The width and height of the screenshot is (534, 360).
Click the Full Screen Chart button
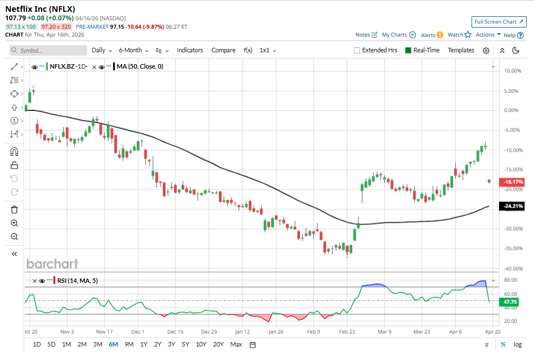pyautogui.click(x=499, y=22)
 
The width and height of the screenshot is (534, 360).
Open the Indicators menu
pyautogui.click(x=190, y=50)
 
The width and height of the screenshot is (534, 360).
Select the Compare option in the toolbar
pyautogui.click(x=223, y=50)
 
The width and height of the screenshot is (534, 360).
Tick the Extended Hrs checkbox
pyautogui.click(x=357, y=50)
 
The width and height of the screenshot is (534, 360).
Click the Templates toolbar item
pyautogui.click(x=461, y=50)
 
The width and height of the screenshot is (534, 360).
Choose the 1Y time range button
pyautogui.click(x=143, y=344)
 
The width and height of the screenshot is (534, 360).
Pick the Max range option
pyautogui.click(x=236, y=344)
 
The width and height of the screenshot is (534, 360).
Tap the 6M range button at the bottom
pyautogui.click(x=113, y=344)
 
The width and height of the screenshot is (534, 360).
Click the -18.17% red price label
pyautogui.click(x=513, y=182)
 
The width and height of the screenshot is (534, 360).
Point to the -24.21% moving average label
pyautogui.click(x=513, y=206)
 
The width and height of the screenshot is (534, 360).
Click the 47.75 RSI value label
pyautogui.click(x=510, y=302)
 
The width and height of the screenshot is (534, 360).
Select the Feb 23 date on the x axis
pyautogui.click(x=347, y=332)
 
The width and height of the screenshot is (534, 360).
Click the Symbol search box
pyautogui.click(x=48, y=51)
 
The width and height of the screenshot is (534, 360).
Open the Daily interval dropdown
pyautogui.click(x=101, y=50)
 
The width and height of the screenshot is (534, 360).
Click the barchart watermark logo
pyautogui.click(x=52, y=264)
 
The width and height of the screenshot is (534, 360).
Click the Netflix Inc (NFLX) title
pyautogui.click(x=40, y=9)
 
